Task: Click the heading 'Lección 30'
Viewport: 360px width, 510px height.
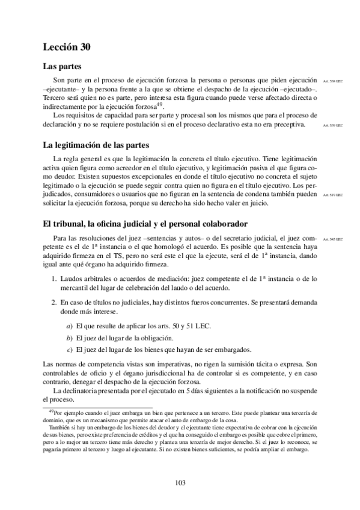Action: pyautogui.click(x=67, y=46)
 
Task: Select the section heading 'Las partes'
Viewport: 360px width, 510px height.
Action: pyautogui.click(x=63, y=66)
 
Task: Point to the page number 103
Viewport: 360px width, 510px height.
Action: pyautogui.click(x=180, y=483)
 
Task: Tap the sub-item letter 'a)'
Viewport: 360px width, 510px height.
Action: pyautogui.click(x=70, y=327)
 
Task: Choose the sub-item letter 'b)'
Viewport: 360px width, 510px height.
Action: pyautogui.click(x=70, y=339)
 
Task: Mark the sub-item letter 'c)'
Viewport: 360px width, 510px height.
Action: pyautogui.click(x=70, y=350)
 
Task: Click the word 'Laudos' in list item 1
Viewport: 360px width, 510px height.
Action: pyautogui.click(x=71, y=278)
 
